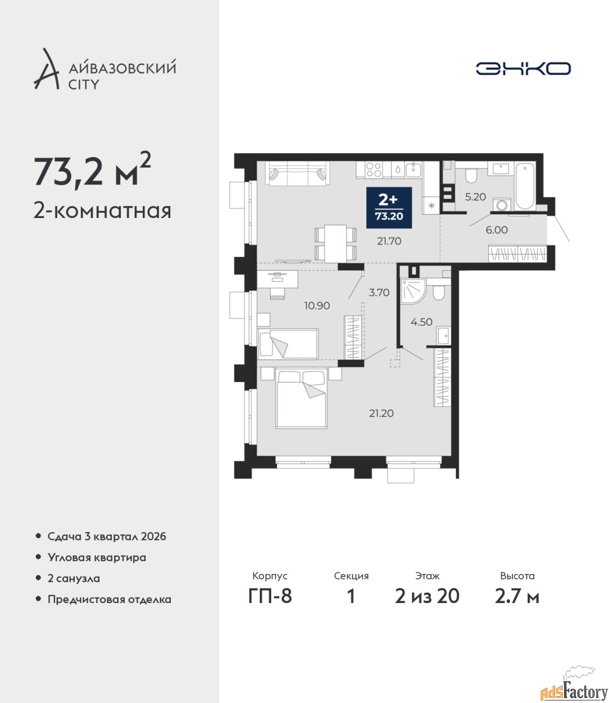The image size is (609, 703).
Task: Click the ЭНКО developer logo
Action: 523,68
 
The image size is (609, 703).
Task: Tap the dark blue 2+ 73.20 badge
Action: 389,208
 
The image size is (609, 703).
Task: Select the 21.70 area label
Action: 389,241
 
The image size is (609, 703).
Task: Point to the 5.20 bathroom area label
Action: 476,197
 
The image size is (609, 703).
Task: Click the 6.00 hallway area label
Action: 496,230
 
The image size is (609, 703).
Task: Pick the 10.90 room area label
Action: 317,305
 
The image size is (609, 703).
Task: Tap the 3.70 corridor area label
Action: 379,292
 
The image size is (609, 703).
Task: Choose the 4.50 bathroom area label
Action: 421,322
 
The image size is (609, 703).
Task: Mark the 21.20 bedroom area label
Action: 381,413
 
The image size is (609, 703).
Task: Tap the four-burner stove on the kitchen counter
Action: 374,169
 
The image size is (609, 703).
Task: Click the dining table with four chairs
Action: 336,243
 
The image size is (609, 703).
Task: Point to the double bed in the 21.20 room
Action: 301,399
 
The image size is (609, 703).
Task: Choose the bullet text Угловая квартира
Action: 97,557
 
